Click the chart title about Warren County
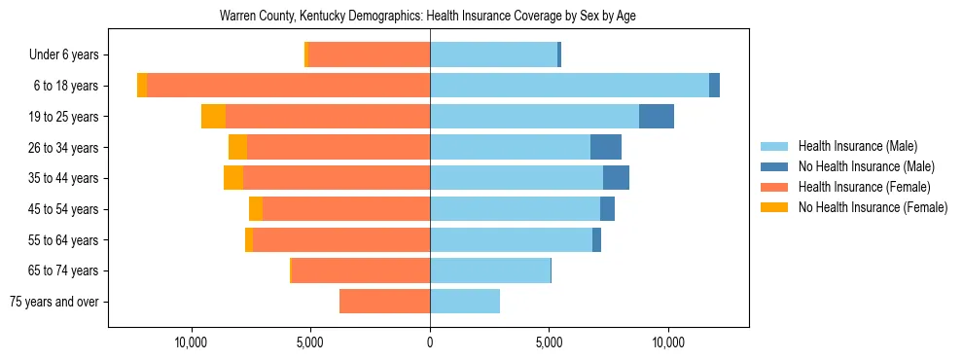428,17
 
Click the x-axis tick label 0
430,343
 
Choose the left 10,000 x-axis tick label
191,343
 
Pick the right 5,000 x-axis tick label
550,343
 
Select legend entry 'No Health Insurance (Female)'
873,207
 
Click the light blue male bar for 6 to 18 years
569,86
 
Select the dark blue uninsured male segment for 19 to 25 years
657,117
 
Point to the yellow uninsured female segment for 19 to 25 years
213,117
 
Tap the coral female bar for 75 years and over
384,302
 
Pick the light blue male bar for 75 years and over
465,302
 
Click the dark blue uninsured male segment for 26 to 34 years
606,147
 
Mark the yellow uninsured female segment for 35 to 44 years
232,178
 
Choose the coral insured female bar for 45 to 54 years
346,209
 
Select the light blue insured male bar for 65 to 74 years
490,270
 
